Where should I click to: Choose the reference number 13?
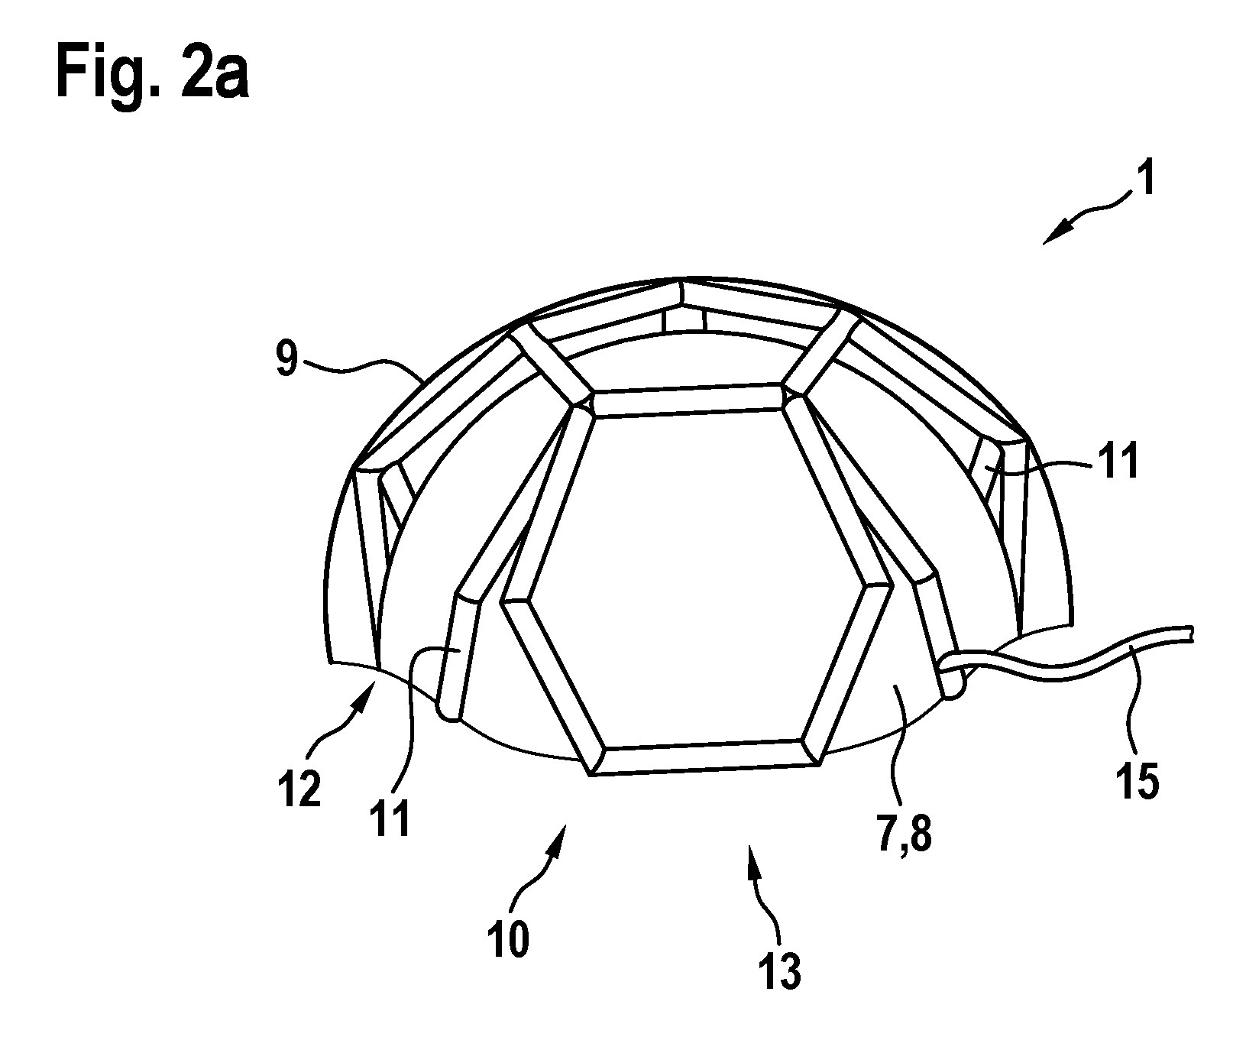point(780,970)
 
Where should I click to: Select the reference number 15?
point(1136,779)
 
